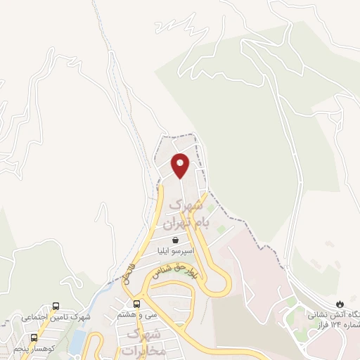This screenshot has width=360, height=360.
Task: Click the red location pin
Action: point(181,165)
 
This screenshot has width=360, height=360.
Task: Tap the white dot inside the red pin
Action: point(181,164)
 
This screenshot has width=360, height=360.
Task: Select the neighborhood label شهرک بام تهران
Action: point(182,214)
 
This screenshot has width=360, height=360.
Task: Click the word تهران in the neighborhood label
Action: point(177,224)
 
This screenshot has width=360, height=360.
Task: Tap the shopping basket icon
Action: point(174,240)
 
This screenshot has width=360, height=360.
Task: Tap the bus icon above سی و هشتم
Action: point(136,304)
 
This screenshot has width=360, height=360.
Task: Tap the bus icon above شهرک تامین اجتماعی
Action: point(56,307)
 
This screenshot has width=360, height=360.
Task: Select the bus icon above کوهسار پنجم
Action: point(33,338)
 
